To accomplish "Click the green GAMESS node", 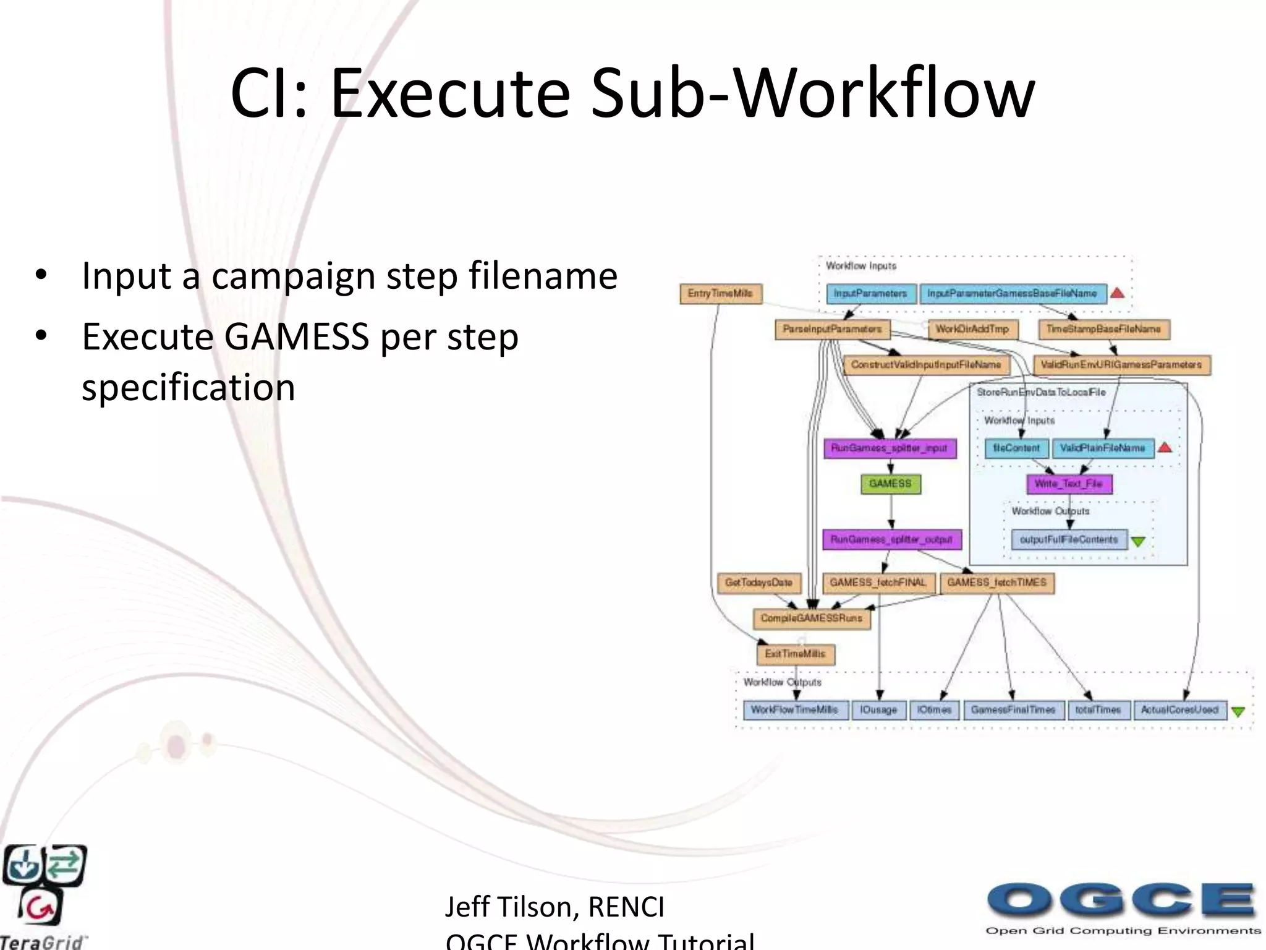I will coord(891,484).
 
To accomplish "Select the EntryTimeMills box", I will coord(720,294).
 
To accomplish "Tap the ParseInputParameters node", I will coord(832,329).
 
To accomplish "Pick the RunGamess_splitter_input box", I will coord(890,448).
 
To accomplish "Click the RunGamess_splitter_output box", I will coord(891,540).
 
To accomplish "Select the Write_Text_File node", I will coord(1069,484).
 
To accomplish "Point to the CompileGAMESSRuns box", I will coord(812,618).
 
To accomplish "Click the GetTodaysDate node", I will coord(758,583).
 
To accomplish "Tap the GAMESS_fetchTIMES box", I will coord(996,583).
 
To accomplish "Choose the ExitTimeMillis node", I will coord(796,654).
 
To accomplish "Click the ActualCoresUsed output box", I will coord(1179,710).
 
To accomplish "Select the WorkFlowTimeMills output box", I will coord(794,710).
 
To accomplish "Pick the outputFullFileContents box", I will coord(1069,540).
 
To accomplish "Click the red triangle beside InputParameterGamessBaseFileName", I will coord(1117,293).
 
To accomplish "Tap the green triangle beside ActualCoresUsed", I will coord(1238,712).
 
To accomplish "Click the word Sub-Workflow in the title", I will coord(812,94).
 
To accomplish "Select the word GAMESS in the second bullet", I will coord(296,337).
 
